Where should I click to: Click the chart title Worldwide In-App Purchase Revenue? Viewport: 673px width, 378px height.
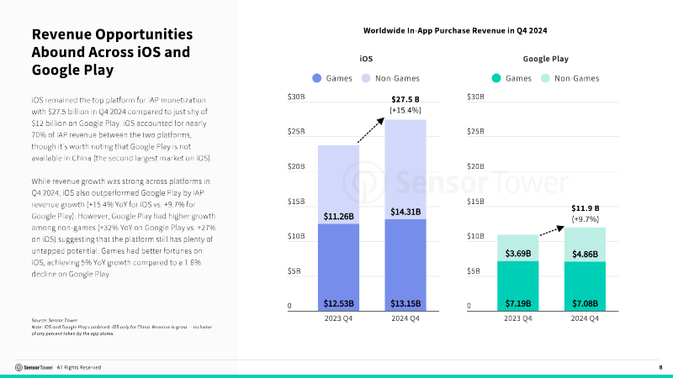coord(455,30)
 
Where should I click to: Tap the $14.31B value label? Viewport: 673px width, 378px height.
coord(406,211)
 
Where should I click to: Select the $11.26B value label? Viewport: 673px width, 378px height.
coord(339,216)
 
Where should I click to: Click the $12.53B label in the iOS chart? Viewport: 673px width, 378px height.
coord(339,302)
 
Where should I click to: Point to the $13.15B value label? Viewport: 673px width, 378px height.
coord(406,302)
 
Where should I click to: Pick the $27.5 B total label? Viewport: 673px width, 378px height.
coord(405,99)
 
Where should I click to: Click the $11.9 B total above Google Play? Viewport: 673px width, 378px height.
coord(585,207)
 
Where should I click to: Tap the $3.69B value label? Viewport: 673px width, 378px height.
coord(517,253)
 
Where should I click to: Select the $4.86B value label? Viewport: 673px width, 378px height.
coord(585,254)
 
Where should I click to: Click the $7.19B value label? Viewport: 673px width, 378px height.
coord(517,302)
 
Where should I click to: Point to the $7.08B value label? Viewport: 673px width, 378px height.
coord(585,302)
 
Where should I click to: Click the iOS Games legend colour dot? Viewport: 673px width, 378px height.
coord(317,78)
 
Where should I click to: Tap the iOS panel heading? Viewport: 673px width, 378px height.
coord(366,59)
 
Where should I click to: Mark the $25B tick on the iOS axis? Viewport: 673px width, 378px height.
coord(295,132)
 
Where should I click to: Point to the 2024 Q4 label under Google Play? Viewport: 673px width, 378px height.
coord(585,319)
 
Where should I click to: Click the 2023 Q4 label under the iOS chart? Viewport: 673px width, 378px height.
coord(339,319)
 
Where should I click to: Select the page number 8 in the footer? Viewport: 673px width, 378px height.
coord(660,367)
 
